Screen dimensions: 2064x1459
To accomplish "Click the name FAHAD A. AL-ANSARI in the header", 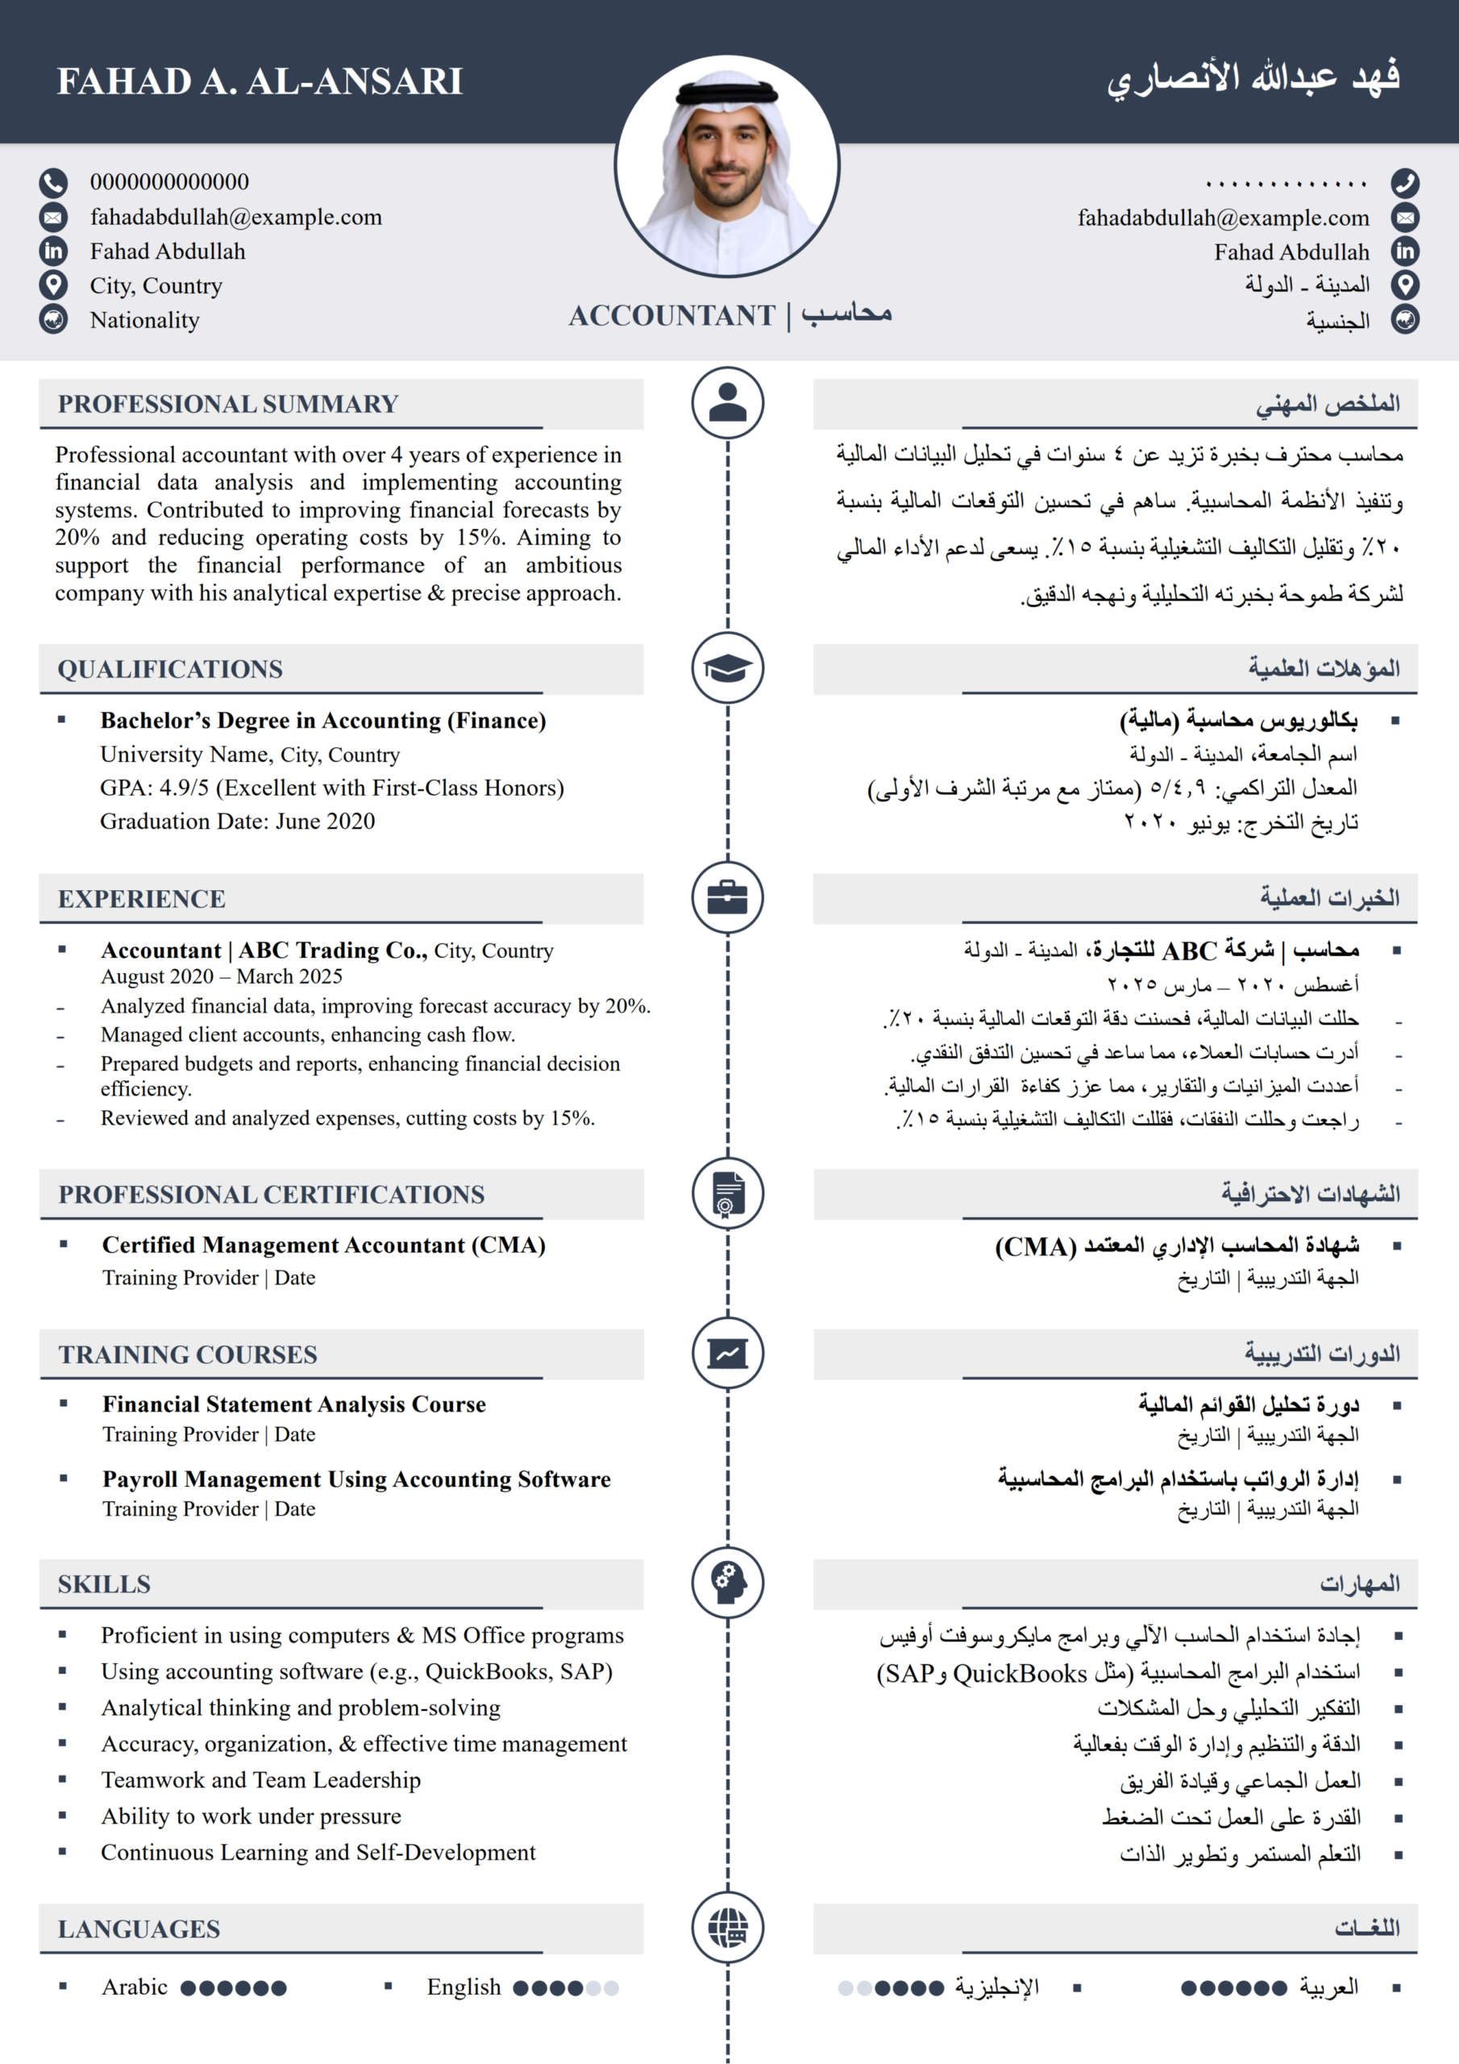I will point(260,81).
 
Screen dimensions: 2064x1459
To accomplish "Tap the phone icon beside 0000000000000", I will point(53,182).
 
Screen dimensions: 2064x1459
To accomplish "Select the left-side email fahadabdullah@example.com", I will point(235,217).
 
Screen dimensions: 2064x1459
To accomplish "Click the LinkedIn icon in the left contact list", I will point(53,252).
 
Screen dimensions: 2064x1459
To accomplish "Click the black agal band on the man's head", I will point(726,91).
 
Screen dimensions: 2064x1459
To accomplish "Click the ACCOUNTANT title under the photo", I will point(671,315).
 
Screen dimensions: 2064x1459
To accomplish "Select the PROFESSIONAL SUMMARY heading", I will point(228,404).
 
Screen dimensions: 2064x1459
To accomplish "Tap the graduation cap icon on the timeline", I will point(727,668).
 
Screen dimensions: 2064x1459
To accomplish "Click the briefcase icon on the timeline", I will point(727,897).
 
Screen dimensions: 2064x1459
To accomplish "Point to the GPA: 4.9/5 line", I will point(332,789).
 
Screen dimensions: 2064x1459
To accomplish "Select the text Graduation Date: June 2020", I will point(237,822).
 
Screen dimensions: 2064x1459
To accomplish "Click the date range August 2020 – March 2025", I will point(221,976).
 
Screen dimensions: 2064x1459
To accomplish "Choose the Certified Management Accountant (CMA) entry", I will point(323,1245).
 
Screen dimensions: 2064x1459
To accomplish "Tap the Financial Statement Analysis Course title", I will point(294,1404).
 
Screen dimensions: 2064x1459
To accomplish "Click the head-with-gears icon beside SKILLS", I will point(727,1582).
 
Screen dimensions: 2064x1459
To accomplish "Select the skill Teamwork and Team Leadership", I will point(260,1780).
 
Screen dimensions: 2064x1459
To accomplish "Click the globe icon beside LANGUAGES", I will point(727,1926).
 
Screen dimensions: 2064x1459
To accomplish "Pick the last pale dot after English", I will point(611,1987).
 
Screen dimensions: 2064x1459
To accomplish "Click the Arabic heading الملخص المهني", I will point(1327,404).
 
